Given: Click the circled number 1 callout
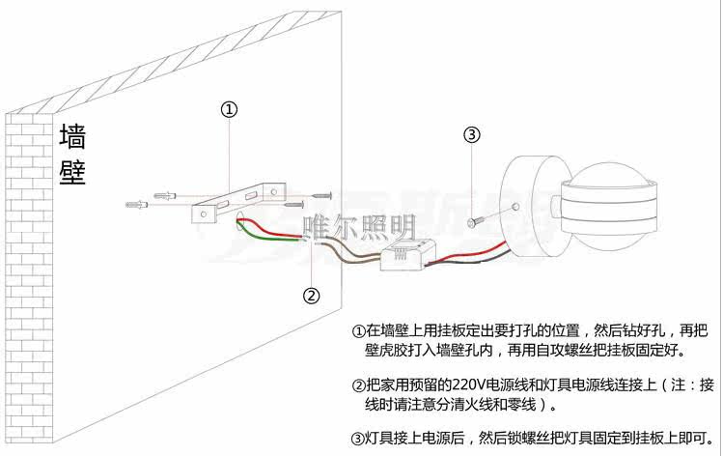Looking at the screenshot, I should pos(229,109).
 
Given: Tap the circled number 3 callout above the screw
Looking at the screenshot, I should pos(472,135).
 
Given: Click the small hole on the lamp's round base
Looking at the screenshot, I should pos(518,208).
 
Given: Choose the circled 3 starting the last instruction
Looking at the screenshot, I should pos(358,438).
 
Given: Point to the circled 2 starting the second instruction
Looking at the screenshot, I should pos(358,385).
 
